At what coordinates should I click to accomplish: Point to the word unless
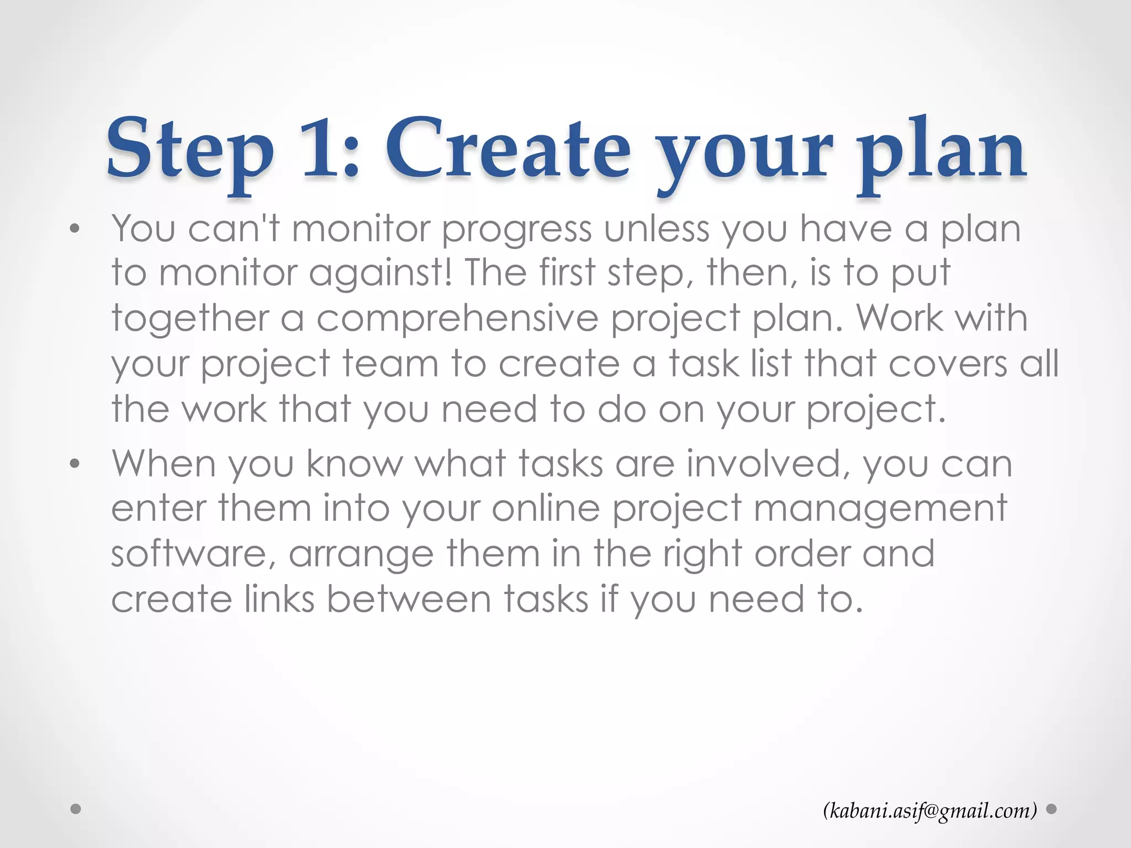point(657,229)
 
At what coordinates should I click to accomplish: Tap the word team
point(390,364)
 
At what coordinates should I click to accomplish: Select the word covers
point(948,364)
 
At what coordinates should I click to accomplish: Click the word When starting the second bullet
point(163,463)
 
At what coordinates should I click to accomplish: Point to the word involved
point(768,463)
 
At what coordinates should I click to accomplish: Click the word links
point(279,599)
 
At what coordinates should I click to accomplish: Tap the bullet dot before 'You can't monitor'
point(75,229)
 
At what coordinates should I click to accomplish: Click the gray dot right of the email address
point(1052,809)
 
